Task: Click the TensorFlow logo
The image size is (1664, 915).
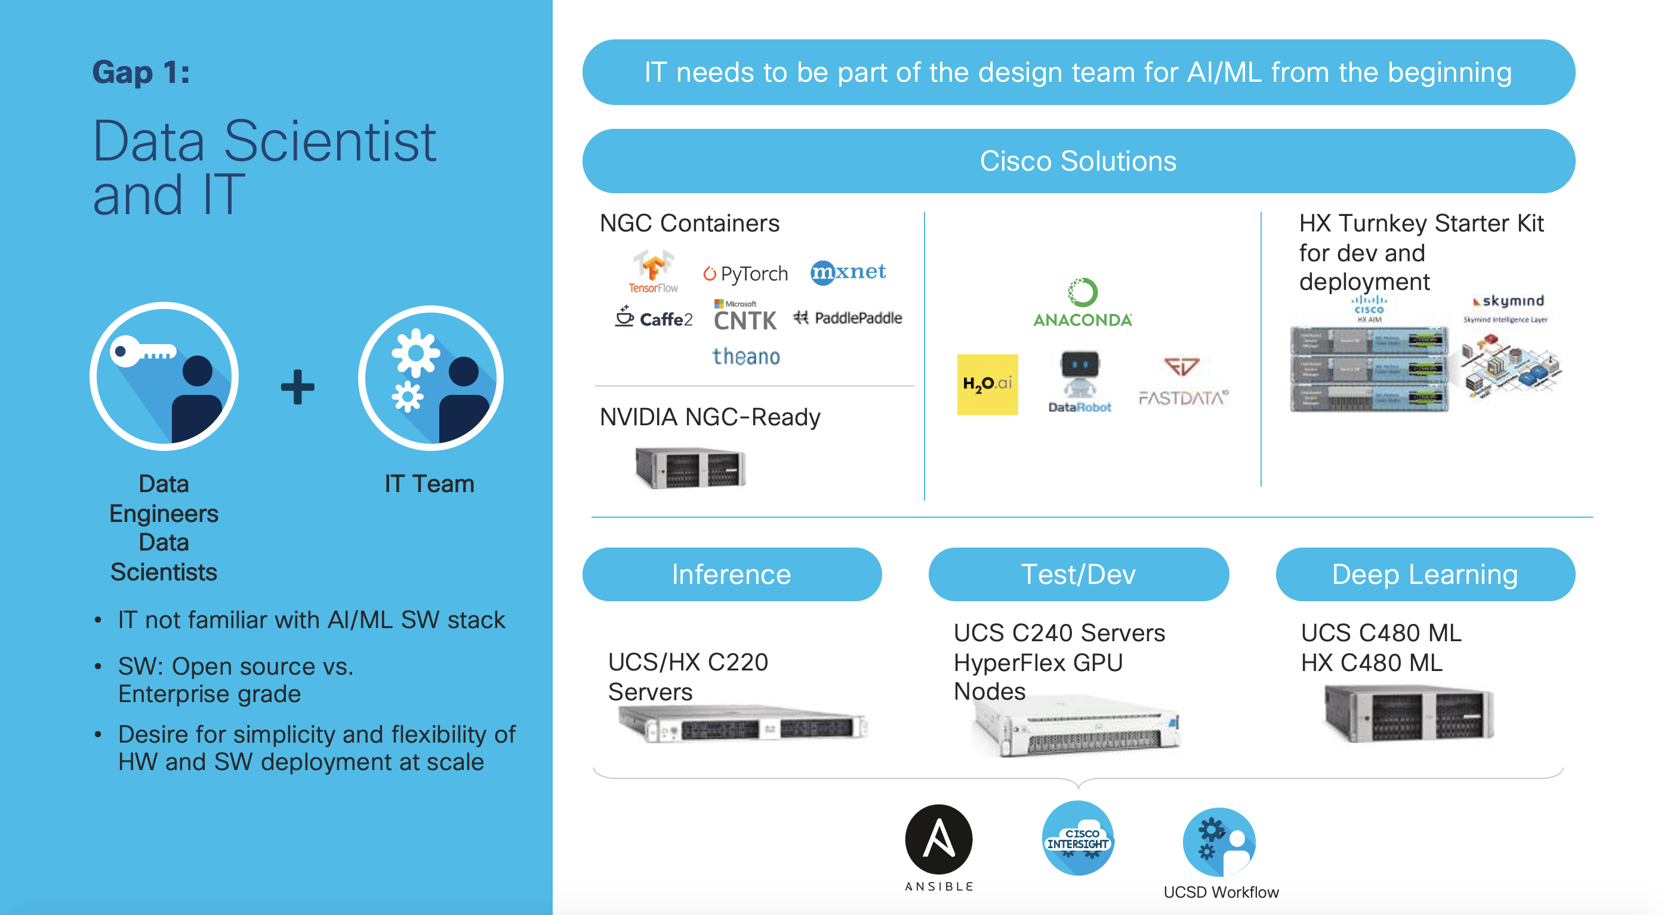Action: tap(653, 271)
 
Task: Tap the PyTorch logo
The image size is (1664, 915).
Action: tap(745, 274)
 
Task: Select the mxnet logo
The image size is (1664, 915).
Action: tap(848, 272)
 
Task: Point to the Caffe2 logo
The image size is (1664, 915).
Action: tap(654, 318)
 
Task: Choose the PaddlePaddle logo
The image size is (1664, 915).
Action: tap(848, 318)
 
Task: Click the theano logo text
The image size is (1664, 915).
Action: tap(746, 357)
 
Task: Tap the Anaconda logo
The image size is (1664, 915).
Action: tap(1083, 303)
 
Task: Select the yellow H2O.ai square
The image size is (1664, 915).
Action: tap(987, 384)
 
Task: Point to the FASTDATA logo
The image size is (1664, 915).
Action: tap(1183, 382)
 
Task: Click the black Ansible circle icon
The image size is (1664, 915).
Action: tap(939, 839)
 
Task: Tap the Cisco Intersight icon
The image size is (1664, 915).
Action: tap(1077, 839)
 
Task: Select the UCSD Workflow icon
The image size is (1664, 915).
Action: tap(1219, 842)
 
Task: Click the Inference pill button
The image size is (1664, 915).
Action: tap(731, 574)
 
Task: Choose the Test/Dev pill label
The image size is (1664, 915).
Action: tap(1078, 574)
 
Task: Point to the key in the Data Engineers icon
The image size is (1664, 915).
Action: tap(142, 352)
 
